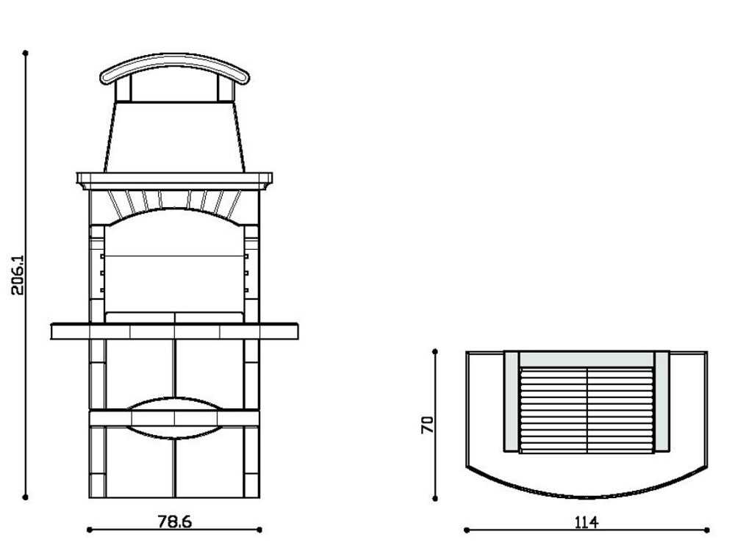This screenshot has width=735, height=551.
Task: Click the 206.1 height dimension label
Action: [18, 275]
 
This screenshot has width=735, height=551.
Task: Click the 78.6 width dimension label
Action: [175, 522]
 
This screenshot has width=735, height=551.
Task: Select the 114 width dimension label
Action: [586, 522]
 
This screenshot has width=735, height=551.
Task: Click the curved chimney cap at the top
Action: [175, 65]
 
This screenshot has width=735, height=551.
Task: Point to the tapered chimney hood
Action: [174, 136]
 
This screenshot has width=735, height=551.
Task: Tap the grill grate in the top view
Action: [586, 408]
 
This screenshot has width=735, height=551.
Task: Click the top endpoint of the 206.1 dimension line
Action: [26, 53]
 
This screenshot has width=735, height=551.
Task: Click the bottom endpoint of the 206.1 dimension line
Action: [26, 497]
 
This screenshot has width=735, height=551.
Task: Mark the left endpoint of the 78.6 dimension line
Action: [89, 529]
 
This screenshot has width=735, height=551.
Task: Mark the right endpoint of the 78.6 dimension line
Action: [260, 529]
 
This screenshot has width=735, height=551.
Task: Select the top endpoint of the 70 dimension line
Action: [435, 352]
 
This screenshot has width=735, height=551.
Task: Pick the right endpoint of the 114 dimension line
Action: [707, 529]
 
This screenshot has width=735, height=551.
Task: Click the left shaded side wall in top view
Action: [511, 401]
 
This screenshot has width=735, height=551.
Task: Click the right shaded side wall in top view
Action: [661, 401]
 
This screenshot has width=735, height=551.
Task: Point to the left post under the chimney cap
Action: [124, 90]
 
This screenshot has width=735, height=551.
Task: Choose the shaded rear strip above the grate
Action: [586, 359]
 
